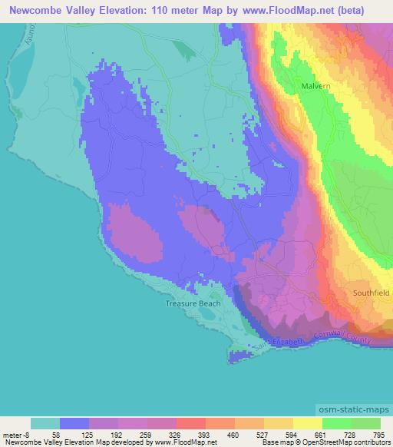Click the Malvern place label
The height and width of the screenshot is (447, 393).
pyautogui.click(x=315, y=87)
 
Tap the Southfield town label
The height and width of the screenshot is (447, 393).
pyautogui.click(x=372, y=293)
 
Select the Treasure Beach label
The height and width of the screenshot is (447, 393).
pyautogui.click(x=193, y=303)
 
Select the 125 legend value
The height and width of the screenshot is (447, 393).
pyautogui.click(x=89, y=434)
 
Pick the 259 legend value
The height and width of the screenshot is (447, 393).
pyautogui.click(x=147, y=434)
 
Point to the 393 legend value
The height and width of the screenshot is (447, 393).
pyautogui.click(x=206, y=434)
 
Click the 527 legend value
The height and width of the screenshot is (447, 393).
pyautogui.click(x=264, y=434)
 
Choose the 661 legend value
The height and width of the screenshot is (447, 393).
pyautogui.click(x=322, y=434)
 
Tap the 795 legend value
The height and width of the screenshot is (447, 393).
pyautogui.click(x=381, y=434)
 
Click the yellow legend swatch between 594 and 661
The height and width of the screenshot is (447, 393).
pyautogui.click(x=308, y=423)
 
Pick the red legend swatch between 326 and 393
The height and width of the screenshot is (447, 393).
pyautogui.click(x=191, y=423)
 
